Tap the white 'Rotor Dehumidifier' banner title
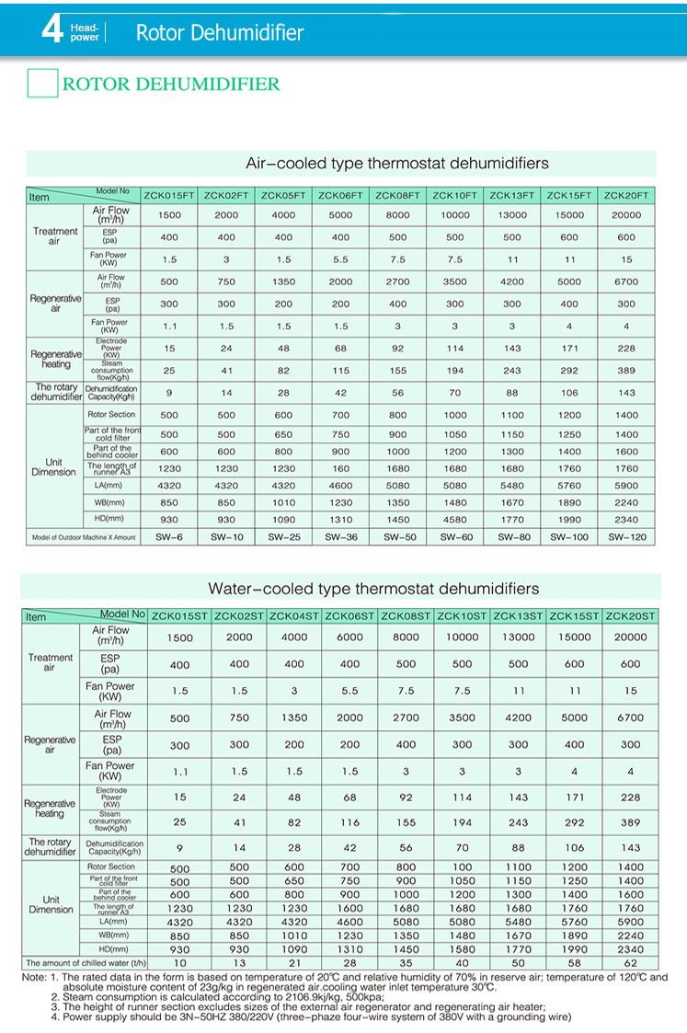click(219, 34)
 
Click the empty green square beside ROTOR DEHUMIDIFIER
click(42, 84)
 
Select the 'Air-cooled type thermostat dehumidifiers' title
click(396, 164)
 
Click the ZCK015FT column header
click(168, 195)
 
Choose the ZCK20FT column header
click(626, 195)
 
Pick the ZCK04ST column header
click(294, 616)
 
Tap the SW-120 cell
click(626, 536)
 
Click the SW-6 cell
click(169, 536)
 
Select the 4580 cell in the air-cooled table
click(455, 520)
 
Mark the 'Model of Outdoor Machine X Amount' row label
click(84, 536)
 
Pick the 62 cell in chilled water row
click(630, 962)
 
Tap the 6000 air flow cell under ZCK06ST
click(349, 637)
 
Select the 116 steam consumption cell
click(349, 821)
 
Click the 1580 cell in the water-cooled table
click(462, 948)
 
